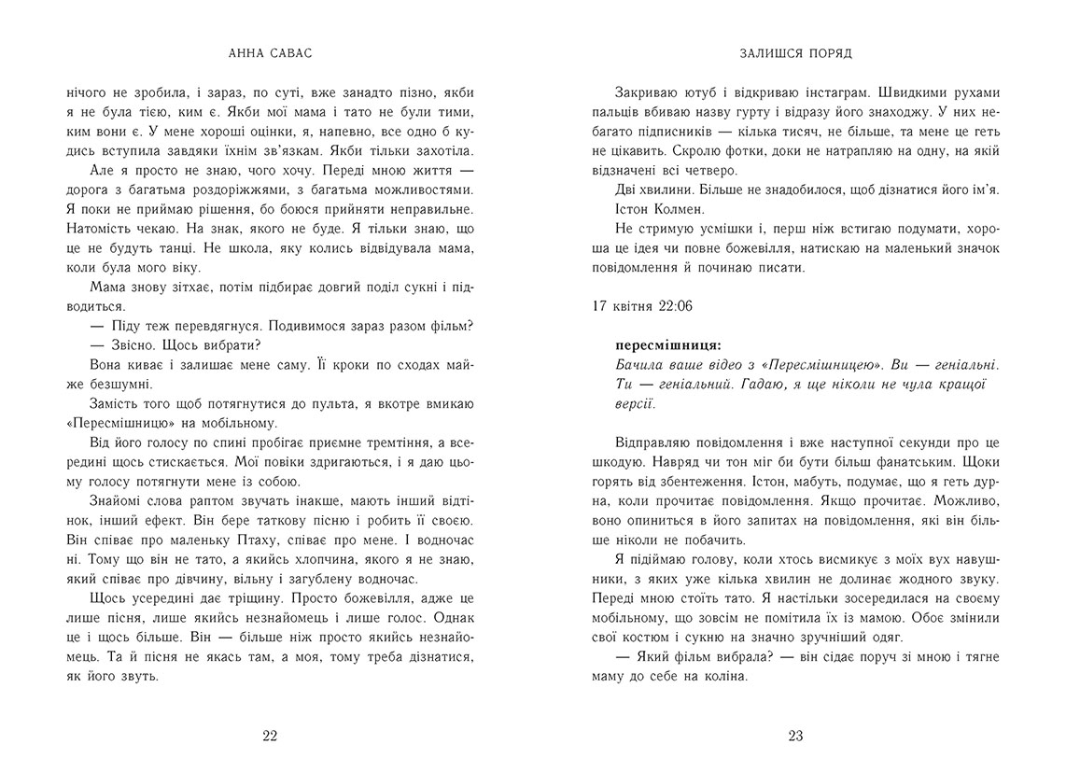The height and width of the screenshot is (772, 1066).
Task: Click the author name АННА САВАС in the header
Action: tap(270, 53)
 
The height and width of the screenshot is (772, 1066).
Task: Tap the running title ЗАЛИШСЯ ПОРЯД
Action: tap(795, 53)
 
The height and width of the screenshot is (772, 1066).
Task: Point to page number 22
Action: tap(270, 736)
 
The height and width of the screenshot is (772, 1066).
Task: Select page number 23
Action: tap(795, 736)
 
